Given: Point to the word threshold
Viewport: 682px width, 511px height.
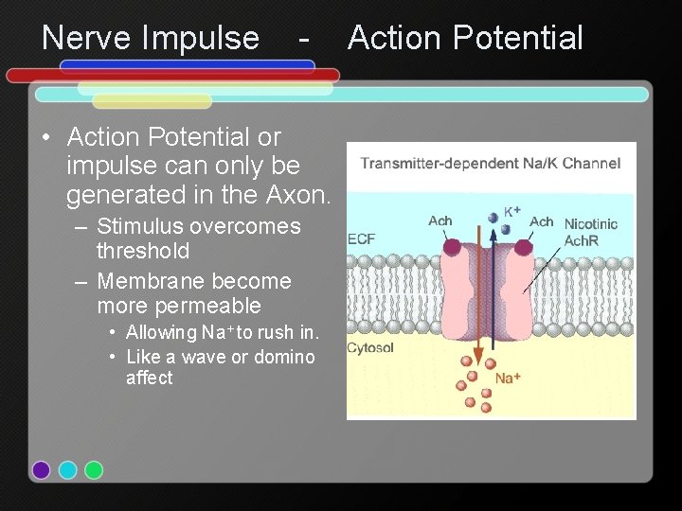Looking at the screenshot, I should point(143,251).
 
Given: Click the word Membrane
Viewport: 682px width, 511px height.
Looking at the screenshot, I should point(146,281).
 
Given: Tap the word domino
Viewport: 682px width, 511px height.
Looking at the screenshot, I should point(284,357).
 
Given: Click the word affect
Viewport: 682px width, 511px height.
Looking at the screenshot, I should point(150,378).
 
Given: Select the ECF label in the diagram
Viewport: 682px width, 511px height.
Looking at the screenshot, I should point(361,238).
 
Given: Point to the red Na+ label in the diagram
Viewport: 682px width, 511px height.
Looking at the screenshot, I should point(508,379).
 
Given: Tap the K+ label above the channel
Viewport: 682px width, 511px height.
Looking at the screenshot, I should point(511,211).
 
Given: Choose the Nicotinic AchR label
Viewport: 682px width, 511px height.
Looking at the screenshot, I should point(591,232).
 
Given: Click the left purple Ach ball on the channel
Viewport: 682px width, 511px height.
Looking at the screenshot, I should point(453,248).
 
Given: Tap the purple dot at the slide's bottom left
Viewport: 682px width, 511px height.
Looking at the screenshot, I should point(41,469).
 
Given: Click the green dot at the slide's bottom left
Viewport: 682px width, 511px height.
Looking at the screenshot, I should point(94,469).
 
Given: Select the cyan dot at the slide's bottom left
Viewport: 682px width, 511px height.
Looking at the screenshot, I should point(67,469).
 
